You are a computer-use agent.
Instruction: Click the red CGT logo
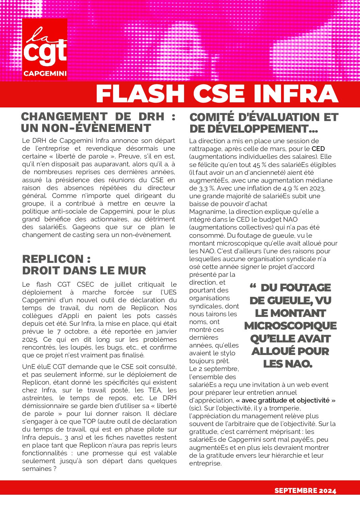(45, 49)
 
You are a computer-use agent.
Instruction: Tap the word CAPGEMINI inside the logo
(45, 73)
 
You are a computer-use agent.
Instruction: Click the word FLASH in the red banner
(140, 94)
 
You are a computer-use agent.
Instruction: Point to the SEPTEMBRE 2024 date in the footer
(305, 490)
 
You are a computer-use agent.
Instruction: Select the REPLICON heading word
(53, 259)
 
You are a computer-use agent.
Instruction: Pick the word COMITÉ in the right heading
(213, 117)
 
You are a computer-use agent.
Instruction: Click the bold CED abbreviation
(318, 149)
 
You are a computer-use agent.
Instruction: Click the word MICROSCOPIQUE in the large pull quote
(290, 326)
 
